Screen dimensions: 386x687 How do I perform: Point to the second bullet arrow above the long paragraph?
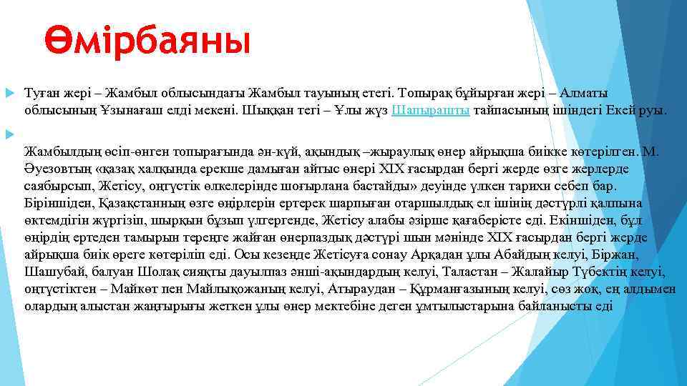(9, 133)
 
